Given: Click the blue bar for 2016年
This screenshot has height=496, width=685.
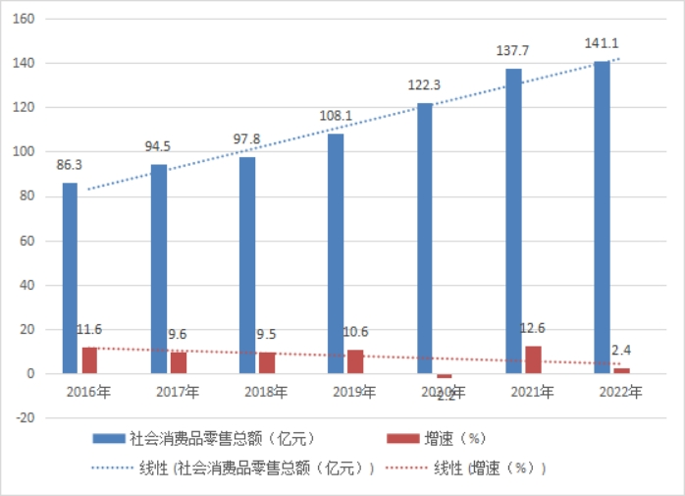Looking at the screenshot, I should tap(70, 278).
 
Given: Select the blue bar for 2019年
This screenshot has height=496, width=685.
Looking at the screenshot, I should tap(336, 253).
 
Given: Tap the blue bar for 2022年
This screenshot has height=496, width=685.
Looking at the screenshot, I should tap(602, 217).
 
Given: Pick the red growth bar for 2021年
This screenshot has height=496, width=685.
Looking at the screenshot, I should tap(533, 359).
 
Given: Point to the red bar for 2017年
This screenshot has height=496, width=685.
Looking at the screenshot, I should tap(179, 362).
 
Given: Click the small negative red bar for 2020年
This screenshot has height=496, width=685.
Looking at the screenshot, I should tap(445, 376).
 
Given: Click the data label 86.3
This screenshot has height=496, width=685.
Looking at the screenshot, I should tap(70, 163).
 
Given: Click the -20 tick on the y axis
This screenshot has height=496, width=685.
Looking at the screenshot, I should tap(26, 418).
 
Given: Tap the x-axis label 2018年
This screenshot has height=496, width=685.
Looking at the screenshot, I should tap(266, 393).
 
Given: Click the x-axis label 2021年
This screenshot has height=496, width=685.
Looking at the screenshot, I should tap(532, 393).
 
